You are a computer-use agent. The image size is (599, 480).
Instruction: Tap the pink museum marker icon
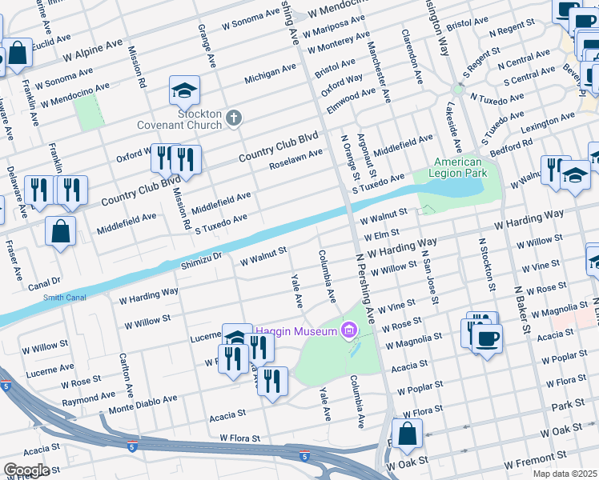348,330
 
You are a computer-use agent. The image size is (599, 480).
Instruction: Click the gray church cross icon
234,119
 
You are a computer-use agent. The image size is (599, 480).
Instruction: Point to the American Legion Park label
458,167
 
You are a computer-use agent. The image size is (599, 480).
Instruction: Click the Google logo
26,470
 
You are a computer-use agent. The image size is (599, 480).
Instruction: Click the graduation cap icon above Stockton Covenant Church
184,90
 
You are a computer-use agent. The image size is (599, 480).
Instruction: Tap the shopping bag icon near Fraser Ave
61,231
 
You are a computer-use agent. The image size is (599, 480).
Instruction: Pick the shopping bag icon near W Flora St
407,434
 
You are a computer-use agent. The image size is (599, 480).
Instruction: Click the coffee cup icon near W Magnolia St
486,337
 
